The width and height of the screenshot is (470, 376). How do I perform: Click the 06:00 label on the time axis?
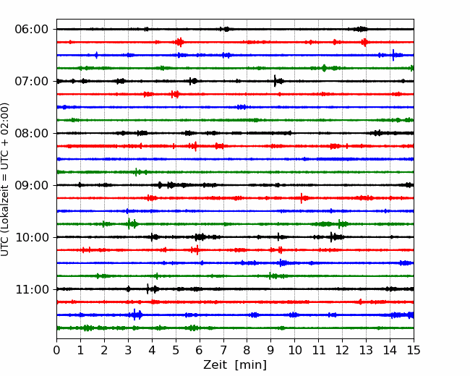[x=32, y=30]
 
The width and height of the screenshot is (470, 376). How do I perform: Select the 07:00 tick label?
[x=32, y=81]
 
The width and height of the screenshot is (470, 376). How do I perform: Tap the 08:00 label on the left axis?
[x=32, y=133]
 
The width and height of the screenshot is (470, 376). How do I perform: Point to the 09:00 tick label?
[x=32, y=185]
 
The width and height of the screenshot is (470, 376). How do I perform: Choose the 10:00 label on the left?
[x=32, y=237]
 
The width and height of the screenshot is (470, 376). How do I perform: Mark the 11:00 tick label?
[x=32, y=289]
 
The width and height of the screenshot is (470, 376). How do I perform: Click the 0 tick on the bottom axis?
[x=56, y=350]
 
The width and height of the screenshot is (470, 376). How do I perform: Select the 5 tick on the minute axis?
[x=176, y=350]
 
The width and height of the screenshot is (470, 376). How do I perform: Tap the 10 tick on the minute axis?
[x=294, y=350]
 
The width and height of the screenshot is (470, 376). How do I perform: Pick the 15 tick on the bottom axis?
[x=414, y=350]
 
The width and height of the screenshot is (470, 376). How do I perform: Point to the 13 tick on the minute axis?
[x=366, y=350]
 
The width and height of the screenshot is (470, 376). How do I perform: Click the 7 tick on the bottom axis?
[x=223, y=350]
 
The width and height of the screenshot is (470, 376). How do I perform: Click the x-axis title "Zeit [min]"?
[x=235, y=365]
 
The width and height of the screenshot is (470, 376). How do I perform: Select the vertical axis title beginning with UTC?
[x=5, y=179]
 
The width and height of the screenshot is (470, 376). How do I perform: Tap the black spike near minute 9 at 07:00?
[x=275, y=81]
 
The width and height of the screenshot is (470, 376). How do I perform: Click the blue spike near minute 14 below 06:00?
[x=393, y=55]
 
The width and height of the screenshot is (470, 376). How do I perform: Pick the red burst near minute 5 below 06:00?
[x=180, y=42]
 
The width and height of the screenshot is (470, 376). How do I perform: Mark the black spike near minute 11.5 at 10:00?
[x=331, y=237]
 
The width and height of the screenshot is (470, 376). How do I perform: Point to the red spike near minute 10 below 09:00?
[x=302, y=198]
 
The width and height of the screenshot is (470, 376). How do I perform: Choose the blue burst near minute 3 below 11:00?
[x=134, y=315]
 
